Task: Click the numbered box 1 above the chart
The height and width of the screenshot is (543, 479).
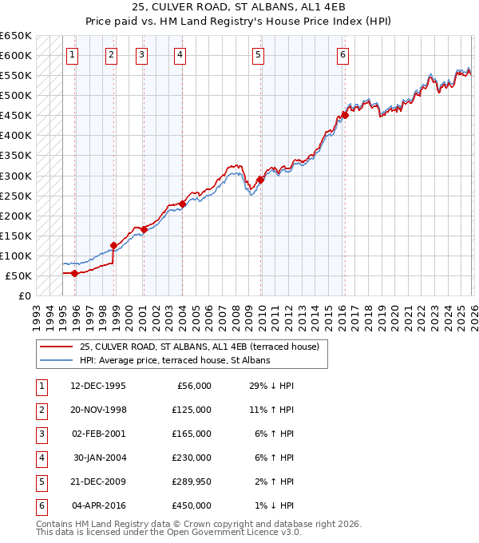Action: pos(73,55)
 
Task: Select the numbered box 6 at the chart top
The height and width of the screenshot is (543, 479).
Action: pos(342,55)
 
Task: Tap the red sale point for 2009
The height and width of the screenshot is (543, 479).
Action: pos(261,180)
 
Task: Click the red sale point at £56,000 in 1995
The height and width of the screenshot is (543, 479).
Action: pos(75,273)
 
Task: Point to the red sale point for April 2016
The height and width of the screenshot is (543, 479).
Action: pos(345,115)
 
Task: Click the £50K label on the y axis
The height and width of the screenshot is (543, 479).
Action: pos(18,275)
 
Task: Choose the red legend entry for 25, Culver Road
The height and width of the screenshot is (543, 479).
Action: pos(199,347)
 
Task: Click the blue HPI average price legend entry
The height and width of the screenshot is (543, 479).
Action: pos(174,360)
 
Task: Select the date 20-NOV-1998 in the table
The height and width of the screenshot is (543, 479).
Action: pos(98,410)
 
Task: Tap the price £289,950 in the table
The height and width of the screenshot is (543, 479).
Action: pos(192,482)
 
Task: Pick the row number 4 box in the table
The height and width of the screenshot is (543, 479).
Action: pos(39,458)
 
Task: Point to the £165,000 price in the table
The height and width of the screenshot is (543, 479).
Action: pos(192,434)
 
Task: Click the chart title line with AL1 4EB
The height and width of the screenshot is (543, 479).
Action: pos(239,8)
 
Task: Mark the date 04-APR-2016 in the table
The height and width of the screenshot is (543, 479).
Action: pos(98,505)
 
